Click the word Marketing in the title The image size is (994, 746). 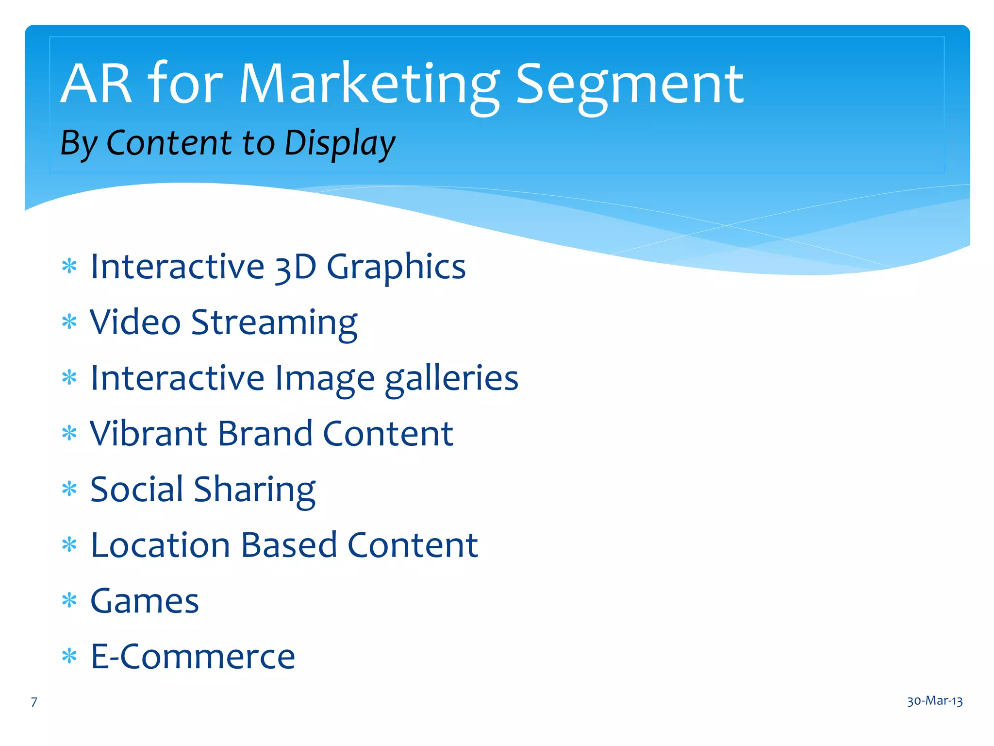click(x=369, y=85)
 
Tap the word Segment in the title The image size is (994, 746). click(x=629, y=85)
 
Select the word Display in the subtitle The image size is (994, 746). click(x=340, y=144)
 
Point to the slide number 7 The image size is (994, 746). click(x=34, y=702)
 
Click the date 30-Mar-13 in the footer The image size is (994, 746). click(x=935, y=701)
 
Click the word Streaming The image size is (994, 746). click(x=274, y=323)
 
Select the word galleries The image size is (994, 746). click(x=451, y=379)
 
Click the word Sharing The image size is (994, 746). click(x=255, y=490)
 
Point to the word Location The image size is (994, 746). click(x=160, y=545)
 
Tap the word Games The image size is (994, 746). click(x=145, y=601)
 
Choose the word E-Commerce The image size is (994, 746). click(x=193, y=657)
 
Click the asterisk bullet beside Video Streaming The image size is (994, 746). click(x=69, y=322)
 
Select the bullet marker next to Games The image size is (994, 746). click(x=69, y=601)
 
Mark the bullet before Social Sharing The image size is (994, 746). click(x=69, y=489)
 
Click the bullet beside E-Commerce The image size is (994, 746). click(x=69, y=657)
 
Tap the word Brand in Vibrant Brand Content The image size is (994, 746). click(x=265, y=433)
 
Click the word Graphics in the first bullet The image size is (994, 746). click(x=396, y=268)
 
